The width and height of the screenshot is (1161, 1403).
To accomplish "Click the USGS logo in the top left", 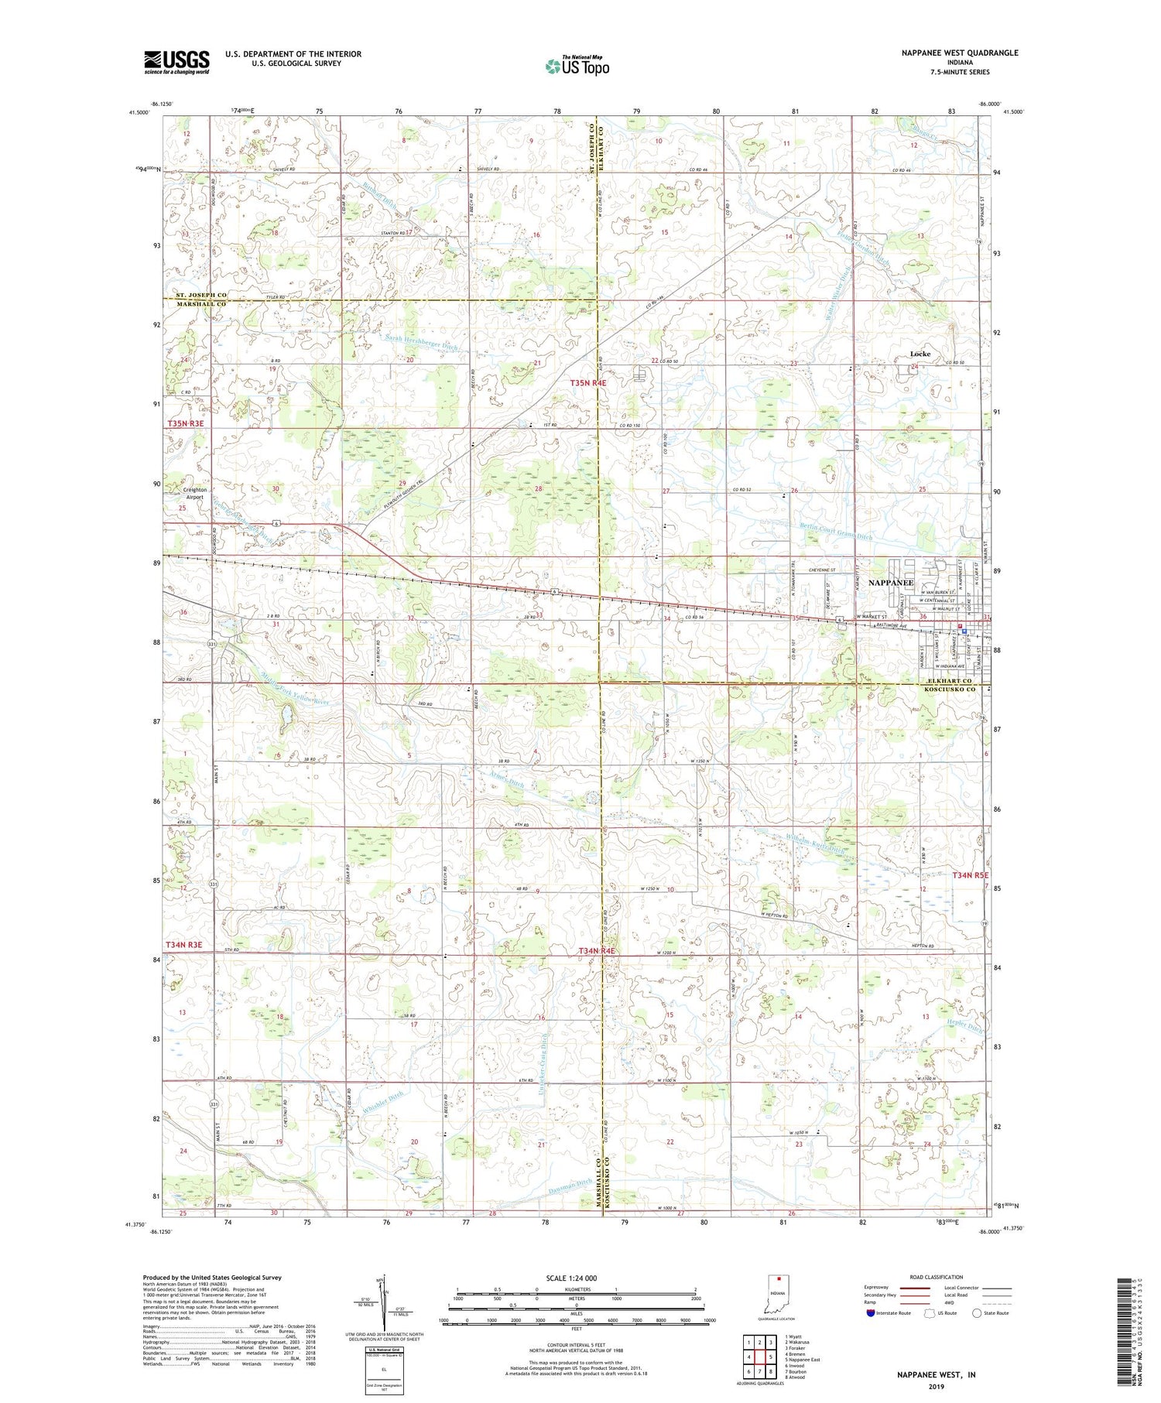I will (x=176, y=62).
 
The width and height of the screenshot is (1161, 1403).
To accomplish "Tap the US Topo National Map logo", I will (x=577, y=66).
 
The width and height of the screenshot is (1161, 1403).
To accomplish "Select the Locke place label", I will (x=920, y=354).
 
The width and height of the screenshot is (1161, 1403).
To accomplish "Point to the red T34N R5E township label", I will (x=971, y=875).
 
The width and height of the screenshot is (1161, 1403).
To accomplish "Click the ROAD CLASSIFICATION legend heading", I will (x=937, y=1277).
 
